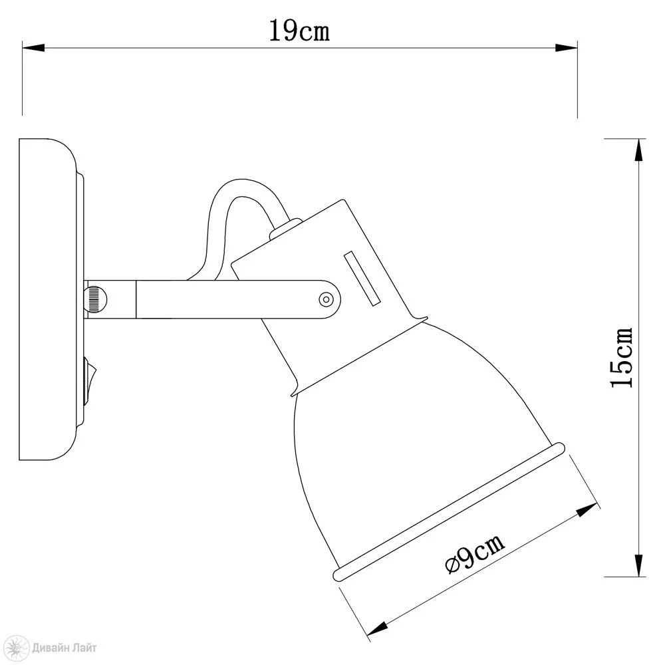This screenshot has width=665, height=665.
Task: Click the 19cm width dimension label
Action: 299,31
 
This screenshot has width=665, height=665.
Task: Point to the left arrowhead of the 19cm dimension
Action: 33,47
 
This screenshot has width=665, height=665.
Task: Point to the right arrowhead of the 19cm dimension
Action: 566,47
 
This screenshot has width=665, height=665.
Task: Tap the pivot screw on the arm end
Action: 326,299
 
